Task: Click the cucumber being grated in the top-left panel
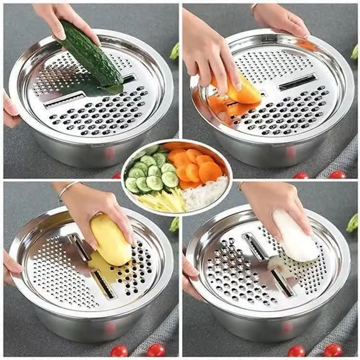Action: [x=91, y=58]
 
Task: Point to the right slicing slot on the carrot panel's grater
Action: [x=298, y=82]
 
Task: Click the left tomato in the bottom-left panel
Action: [x=119, y=351]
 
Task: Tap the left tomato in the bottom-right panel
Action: [x=296, y=351]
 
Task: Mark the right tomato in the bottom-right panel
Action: [x=333, y=350]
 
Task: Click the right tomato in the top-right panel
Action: [x=337, y=175]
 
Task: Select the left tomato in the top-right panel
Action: [x=301, y=176]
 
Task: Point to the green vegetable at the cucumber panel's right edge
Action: [x=175, y=51]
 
